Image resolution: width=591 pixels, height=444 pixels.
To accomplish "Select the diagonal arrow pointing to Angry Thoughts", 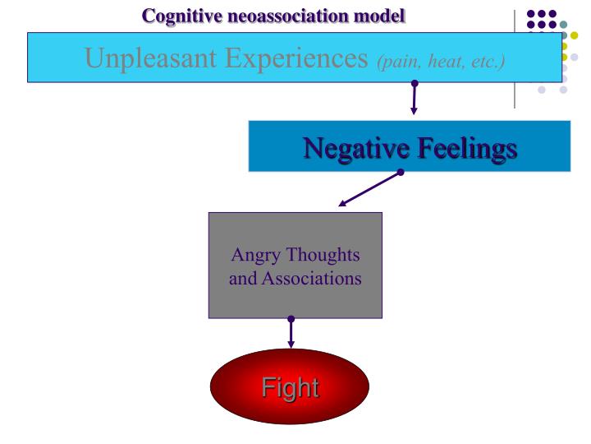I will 369,190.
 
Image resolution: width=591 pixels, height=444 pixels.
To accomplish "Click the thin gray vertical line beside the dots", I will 515,58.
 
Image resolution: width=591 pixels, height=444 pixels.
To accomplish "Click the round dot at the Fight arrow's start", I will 291,320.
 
